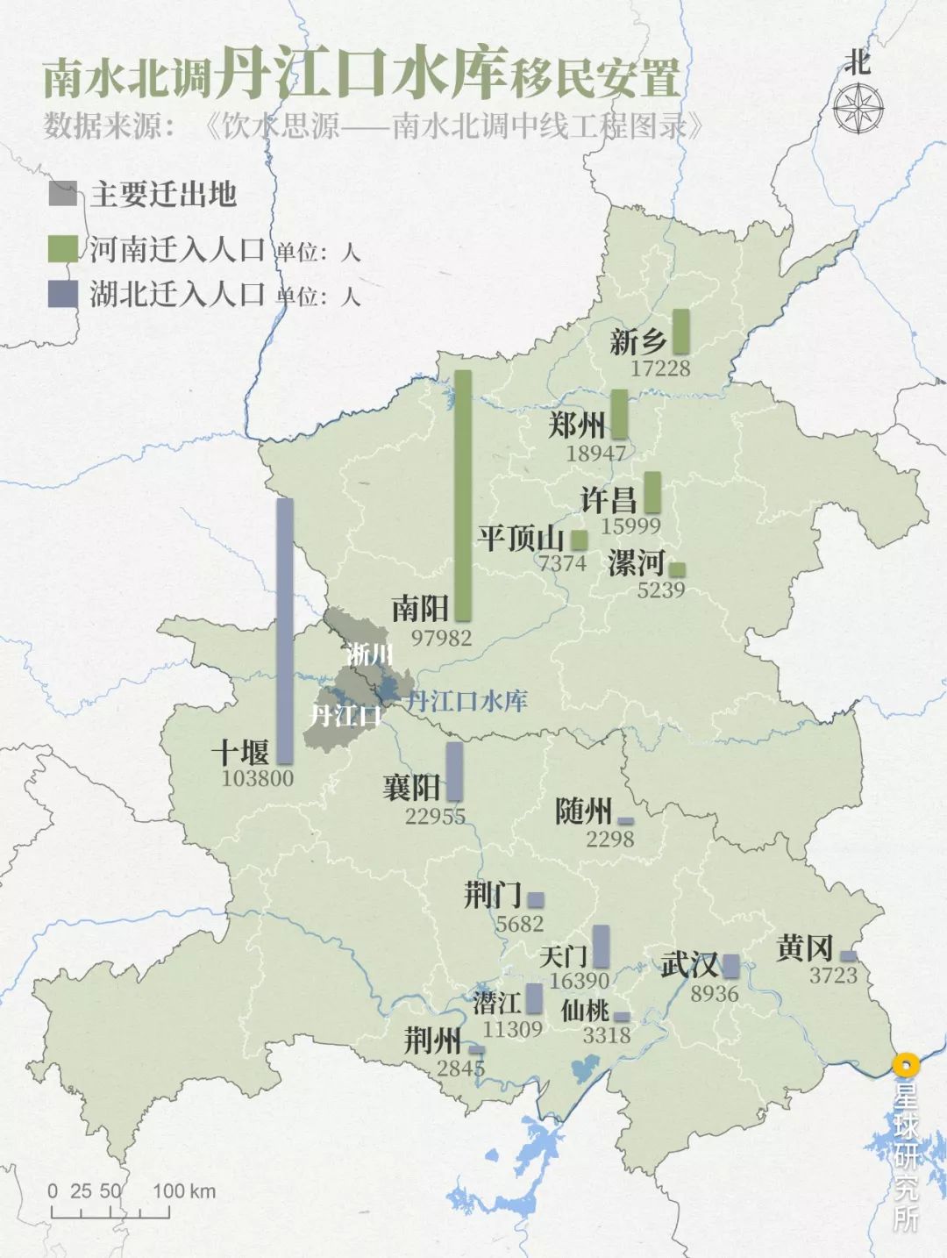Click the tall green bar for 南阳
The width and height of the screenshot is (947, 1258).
pyautogui.click(x=463, y=496)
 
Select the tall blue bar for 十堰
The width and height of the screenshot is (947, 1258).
pyautogui.click(x=285, y=631)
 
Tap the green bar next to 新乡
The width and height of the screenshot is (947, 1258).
pyautogui.click(x=680, y=332)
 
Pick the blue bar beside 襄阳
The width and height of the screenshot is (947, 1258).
pyautogui.click(x=454, y=771)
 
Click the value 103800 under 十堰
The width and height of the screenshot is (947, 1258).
pyautogui.click(x=258, y=778)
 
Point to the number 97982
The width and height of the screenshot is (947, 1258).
pyautogui.click(x=441, y=638)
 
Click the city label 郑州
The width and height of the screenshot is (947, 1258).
pyautogui.click(x=577, y=425)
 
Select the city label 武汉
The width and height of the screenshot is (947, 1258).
pyautogui.click(x=689, y=965)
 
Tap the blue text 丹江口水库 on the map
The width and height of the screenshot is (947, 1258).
pyautogui.click(x=466, y=701)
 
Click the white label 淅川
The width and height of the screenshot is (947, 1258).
pyautogui.click(x=369, y=654)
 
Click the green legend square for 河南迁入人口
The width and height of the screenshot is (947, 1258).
pyautogui.click(x=63, y=249)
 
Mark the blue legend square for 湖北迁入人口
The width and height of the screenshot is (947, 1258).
pyautogui.click(x=63, y=294)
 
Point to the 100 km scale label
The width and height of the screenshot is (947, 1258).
pyautogui.click(x=184, y=1191)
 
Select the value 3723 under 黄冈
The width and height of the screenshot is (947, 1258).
pyautogui.click(x=833, y=976)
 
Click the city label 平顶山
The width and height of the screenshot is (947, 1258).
pyautogui.click(x=521, y=538)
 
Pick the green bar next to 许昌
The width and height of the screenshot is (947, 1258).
pyautogui.click(x=652, y=492)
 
